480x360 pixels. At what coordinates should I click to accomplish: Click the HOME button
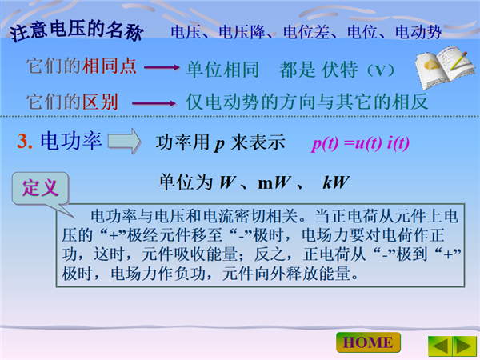368,342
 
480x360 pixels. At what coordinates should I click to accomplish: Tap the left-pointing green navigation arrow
440,346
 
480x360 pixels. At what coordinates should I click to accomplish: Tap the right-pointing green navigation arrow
464,346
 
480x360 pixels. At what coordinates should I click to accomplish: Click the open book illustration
445,66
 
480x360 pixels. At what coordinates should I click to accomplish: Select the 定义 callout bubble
40,189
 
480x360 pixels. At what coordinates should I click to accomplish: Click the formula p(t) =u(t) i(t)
361,143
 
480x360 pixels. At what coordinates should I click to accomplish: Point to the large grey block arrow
124,141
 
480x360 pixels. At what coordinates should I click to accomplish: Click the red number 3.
25,142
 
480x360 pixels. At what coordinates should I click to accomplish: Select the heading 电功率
71,141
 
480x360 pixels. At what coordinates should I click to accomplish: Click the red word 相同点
109,66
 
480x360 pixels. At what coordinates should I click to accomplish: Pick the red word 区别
100,102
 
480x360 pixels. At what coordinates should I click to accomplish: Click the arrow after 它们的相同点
162,67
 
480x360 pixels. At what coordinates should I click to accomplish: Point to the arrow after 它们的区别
154,103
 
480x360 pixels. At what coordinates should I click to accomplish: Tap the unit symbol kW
336,182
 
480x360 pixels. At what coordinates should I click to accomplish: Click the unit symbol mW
274,182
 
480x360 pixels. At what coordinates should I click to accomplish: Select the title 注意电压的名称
77,30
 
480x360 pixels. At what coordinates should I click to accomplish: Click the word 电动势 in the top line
418,33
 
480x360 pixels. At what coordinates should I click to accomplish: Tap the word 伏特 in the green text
339,70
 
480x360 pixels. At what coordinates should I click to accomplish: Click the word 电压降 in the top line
242,33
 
